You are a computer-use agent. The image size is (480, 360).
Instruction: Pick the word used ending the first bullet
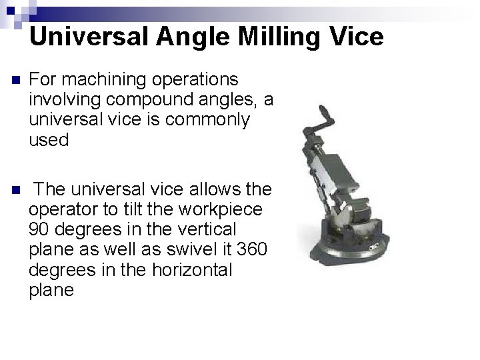pyautogui.click(x=49, y=140)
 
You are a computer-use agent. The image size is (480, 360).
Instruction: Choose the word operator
pyautogui.click(x=60, y=209)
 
